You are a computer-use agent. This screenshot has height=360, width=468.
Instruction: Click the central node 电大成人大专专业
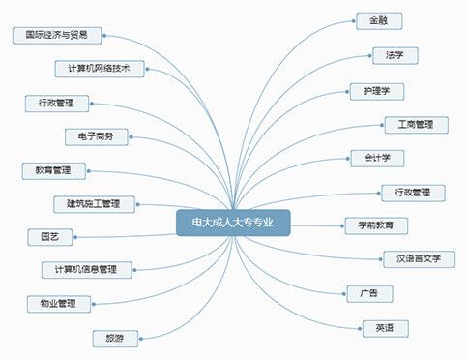(233, 223)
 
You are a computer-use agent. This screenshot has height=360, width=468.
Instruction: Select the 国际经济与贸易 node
(57, 35)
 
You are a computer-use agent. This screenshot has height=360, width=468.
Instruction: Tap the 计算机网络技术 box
(100, 69)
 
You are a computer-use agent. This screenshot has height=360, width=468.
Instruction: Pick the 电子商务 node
(97, 136)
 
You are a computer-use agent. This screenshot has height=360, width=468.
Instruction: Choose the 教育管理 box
(53, 170)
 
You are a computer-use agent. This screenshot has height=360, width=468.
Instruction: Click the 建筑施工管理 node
(94, 203)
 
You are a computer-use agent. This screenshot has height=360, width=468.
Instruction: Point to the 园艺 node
(49, 236)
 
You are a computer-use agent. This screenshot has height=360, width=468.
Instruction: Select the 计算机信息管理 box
(86, 269)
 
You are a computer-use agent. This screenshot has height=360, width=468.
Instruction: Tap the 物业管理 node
(58, 304)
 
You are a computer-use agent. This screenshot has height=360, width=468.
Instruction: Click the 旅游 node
(114, 338)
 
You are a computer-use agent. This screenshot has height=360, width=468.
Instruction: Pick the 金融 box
(378, 20)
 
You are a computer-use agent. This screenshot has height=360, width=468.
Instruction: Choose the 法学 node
(395, 55)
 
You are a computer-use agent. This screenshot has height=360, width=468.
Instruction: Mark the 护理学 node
(377, 92)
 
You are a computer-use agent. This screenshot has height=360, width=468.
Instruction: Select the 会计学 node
(377, 158)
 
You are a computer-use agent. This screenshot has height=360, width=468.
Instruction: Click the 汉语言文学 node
(419, 258)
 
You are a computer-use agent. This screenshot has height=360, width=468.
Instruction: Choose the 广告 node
(369, 292)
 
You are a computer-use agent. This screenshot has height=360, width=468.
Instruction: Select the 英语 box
(384, 328)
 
